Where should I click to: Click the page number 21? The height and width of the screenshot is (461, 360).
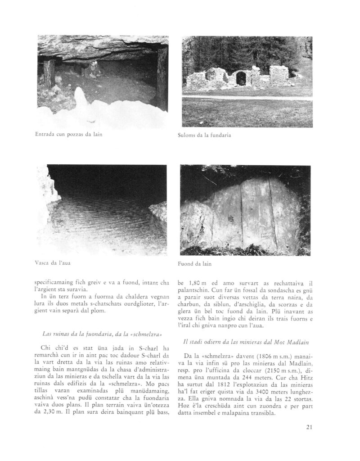[x=309, y=428]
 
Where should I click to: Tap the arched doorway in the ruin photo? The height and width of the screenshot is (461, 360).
[x=241, y=78]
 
